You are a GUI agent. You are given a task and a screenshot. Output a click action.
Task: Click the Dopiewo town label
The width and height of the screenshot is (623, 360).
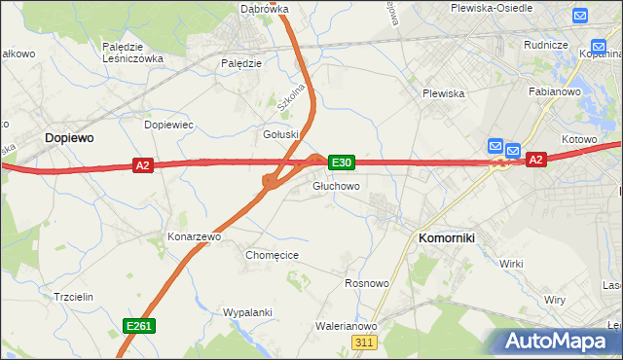[69, 138]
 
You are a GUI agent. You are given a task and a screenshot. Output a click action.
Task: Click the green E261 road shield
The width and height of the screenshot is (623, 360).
[137, 326]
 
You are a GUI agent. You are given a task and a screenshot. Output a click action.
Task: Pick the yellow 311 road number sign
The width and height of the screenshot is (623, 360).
[364, 342]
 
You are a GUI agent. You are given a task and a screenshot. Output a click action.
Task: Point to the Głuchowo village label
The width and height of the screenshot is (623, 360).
[337, 186]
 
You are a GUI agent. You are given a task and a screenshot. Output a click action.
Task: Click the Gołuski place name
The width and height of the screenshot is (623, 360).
[282, 134]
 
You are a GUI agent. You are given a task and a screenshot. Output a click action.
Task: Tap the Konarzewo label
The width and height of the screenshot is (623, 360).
[195, 236]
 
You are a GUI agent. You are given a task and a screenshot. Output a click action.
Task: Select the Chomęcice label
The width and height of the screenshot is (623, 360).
[272, 255]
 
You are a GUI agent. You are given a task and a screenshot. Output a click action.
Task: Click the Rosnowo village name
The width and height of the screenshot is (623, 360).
[367, 283]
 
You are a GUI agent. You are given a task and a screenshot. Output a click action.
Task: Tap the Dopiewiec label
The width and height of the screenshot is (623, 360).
[169, 126]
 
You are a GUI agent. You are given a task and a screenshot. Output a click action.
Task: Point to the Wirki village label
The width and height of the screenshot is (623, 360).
[511, 264]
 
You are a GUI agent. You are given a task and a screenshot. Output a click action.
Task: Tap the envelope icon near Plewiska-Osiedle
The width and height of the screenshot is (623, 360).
[581, 16]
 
